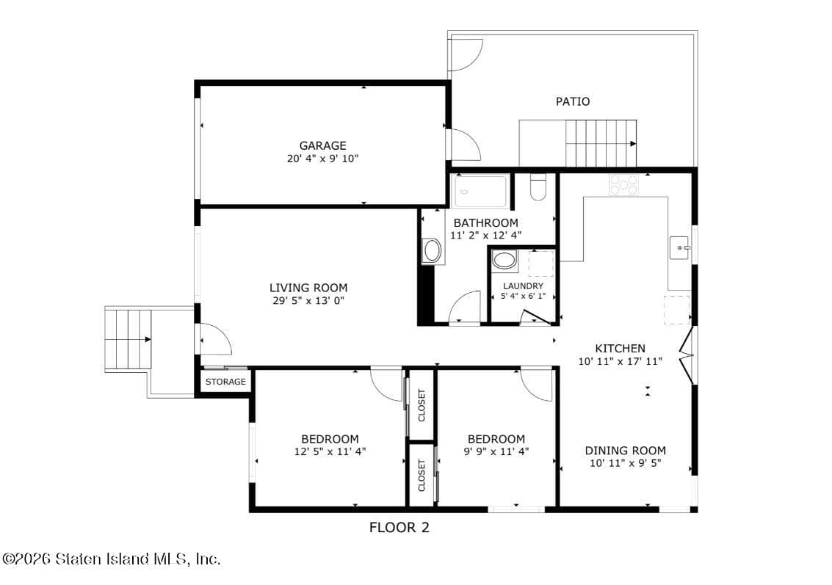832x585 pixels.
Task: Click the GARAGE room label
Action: (322, 145)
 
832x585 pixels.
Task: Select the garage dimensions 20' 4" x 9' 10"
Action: (322, 158)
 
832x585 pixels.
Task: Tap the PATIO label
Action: (572, 101)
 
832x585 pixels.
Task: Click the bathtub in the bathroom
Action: (481, 192)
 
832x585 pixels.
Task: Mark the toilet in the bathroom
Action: (538, 187)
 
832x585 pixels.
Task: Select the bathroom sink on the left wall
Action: (432, 251)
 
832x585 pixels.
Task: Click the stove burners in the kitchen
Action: (623, 185)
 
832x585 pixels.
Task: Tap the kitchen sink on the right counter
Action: (679, 248)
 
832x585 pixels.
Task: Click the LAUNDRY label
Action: (523, 286)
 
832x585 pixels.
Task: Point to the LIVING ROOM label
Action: (308, 288)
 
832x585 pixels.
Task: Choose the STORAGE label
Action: (225, 382)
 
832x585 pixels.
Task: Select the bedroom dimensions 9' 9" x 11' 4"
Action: (496, 451)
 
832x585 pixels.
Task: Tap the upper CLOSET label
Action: (422, 405)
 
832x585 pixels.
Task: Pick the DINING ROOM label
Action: (625, 451)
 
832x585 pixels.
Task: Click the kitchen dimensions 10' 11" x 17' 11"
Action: (621, 360)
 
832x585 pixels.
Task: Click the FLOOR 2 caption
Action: (399, 527)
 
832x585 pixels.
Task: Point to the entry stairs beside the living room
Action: (128, 339)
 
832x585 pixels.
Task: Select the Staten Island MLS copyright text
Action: (111, 559)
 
